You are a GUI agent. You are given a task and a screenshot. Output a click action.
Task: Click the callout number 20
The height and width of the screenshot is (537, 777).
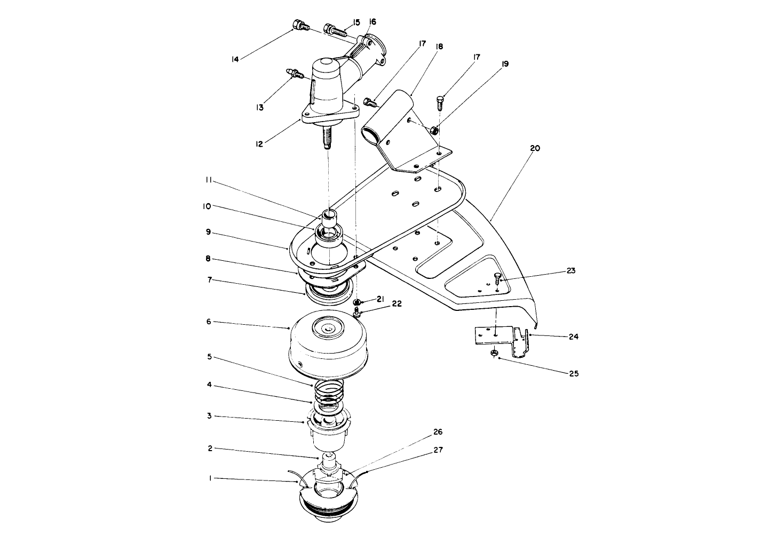pos(535,148)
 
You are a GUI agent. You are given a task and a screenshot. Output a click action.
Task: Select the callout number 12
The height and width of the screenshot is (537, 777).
pos(259,143)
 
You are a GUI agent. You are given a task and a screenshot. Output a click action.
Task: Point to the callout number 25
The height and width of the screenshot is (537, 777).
pos(573,373)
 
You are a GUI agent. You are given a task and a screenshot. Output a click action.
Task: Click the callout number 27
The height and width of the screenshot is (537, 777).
pos(438,449)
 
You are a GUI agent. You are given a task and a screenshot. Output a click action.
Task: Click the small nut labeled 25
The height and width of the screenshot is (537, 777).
pos(494,352)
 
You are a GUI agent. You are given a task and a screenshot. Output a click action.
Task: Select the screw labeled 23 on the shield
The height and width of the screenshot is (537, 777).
pos(498,277)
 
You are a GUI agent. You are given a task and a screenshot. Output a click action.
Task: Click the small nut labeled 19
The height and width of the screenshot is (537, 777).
pos(435,130)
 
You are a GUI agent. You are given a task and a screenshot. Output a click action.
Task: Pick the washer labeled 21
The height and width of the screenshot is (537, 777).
pos(357,302)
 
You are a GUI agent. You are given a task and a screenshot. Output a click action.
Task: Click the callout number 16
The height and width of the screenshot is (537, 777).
pos(372,22)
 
